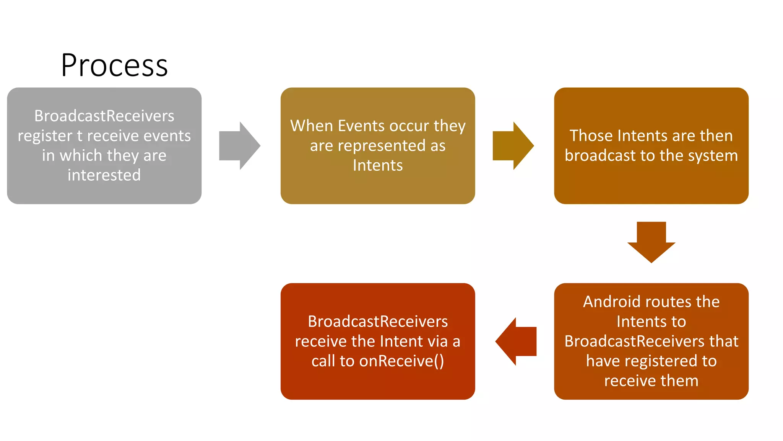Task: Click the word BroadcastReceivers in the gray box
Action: (104, 116)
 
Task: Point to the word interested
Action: (104, 175)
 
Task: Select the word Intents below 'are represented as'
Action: (378, 166)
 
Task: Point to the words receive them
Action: (651, 381)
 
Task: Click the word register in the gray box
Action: (45, 136)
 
